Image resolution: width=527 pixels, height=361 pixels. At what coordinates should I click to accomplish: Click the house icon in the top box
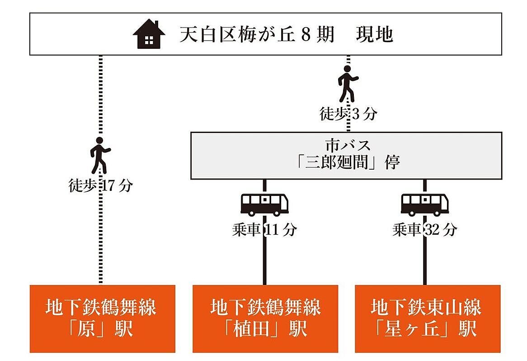pyautogui.click(x=149, y=34)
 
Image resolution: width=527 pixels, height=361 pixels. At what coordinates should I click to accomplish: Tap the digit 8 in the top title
pyautogui.click(x=306, y=35)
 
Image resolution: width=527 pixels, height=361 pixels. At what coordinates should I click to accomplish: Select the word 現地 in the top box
pyautogui.click(x=374, y=34)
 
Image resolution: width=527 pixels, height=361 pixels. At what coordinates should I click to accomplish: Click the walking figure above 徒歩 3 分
pyautogui.click(x=348, y=83)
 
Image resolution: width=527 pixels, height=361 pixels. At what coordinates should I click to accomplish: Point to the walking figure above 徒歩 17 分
pyautogui.click(x=100, y=155)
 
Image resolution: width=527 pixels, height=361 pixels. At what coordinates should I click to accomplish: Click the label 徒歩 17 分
pyautogui.click(x=100, y=185)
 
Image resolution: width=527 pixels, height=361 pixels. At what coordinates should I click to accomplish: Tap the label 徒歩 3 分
pyautogui.click(x=348, y=114)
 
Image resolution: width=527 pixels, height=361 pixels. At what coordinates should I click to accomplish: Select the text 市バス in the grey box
pyautogui.click(x=348, y=145)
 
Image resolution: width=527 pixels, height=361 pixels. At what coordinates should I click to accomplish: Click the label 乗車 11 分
pyautogui.click(x=264, y=230)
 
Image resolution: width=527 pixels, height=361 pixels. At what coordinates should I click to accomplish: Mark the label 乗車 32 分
pyautogui.click(x=425, y=230)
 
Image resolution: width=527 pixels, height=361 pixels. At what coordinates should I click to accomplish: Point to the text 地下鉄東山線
pyautogui.click(x=426, y=307)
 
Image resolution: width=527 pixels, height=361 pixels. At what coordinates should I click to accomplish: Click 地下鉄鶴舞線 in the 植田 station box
pyautogui.click(x=265, y=307)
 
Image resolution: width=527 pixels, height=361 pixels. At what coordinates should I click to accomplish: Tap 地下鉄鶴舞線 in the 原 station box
pyautogui.click(x=101, y=307)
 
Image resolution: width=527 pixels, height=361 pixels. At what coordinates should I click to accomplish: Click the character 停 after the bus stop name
pyautogui.click(x=393, y=162)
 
